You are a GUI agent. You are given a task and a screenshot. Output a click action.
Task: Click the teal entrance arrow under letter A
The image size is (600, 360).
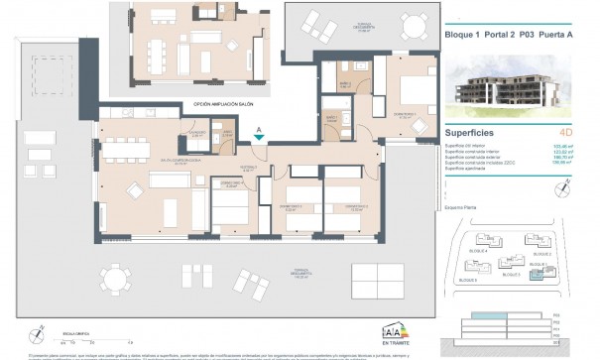pyautogui.click(x=259, y=140)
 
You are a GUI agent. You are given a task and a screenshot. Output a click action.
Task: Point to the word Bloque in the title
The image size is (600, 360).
pyautogui.click(x=458, y=33)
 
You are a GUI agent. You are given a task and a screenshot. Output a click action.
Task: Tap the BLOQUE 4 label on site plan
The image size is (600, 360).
pyautogui.click(x=478, y=253)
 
